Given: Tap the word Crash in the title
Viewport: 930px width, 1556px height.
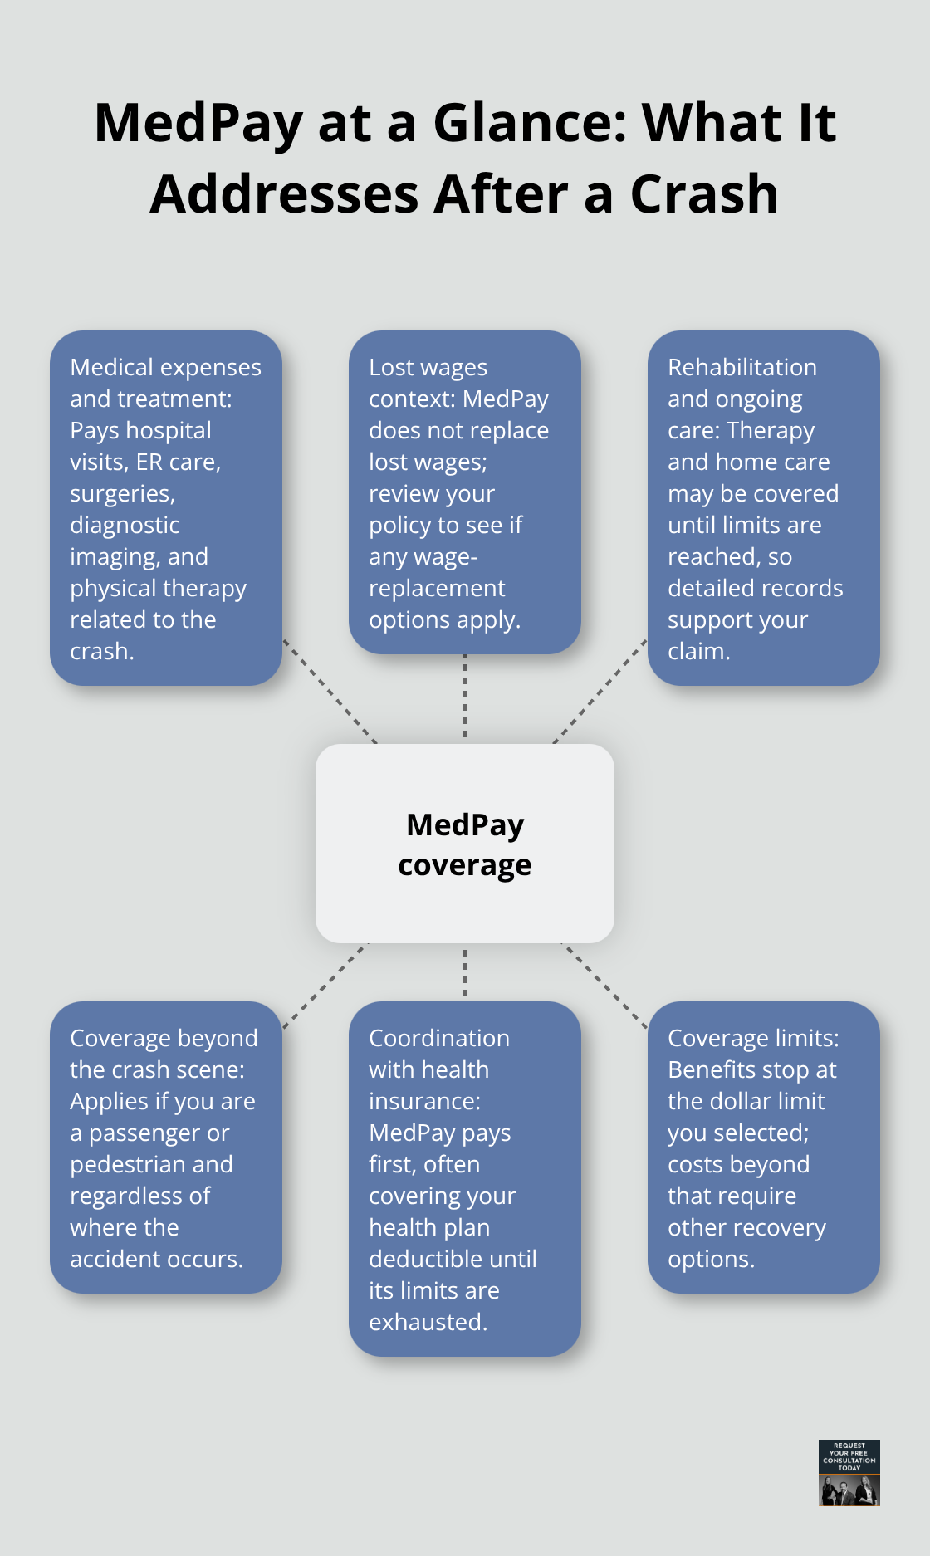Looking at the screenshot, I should [x=704, y=194].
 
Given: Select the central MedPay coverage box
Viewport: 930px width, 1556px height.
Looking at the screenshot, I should [x=465, y=844].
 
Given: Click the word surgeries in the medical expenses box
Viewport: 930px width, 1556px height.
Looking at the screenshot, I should [x=121, y=494].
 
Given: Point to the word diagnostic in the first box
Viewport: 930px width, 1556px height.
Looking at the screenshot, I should [x=125, y=526].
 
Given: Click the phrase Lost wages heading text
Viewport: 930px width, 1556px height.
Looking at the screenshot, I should [x=428, y=368].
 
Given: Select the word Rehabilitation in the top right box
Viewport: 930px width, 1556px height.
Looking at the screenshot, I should [x=742, y=368].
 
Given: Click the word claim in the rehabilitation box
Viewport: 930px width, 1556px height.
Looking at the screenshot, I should [x=697, y=652].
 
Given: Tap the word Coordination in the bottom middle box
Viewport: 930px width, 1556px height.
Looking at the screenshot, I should [x=438, y=1039].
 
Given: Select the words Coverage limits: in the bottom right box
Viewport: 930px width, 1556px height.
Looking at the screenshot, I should [x=752, y=1039].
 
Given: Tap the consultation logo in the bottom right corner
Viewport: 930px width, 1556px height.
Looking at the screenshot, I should [x=849, y=1473].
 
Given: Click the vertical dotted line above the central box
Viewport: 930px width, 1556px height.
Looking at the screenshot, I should [x=465, y=697].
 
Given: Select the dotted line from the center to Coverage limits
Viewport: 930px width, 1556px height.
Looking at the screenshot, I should [x=605, y=986].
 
